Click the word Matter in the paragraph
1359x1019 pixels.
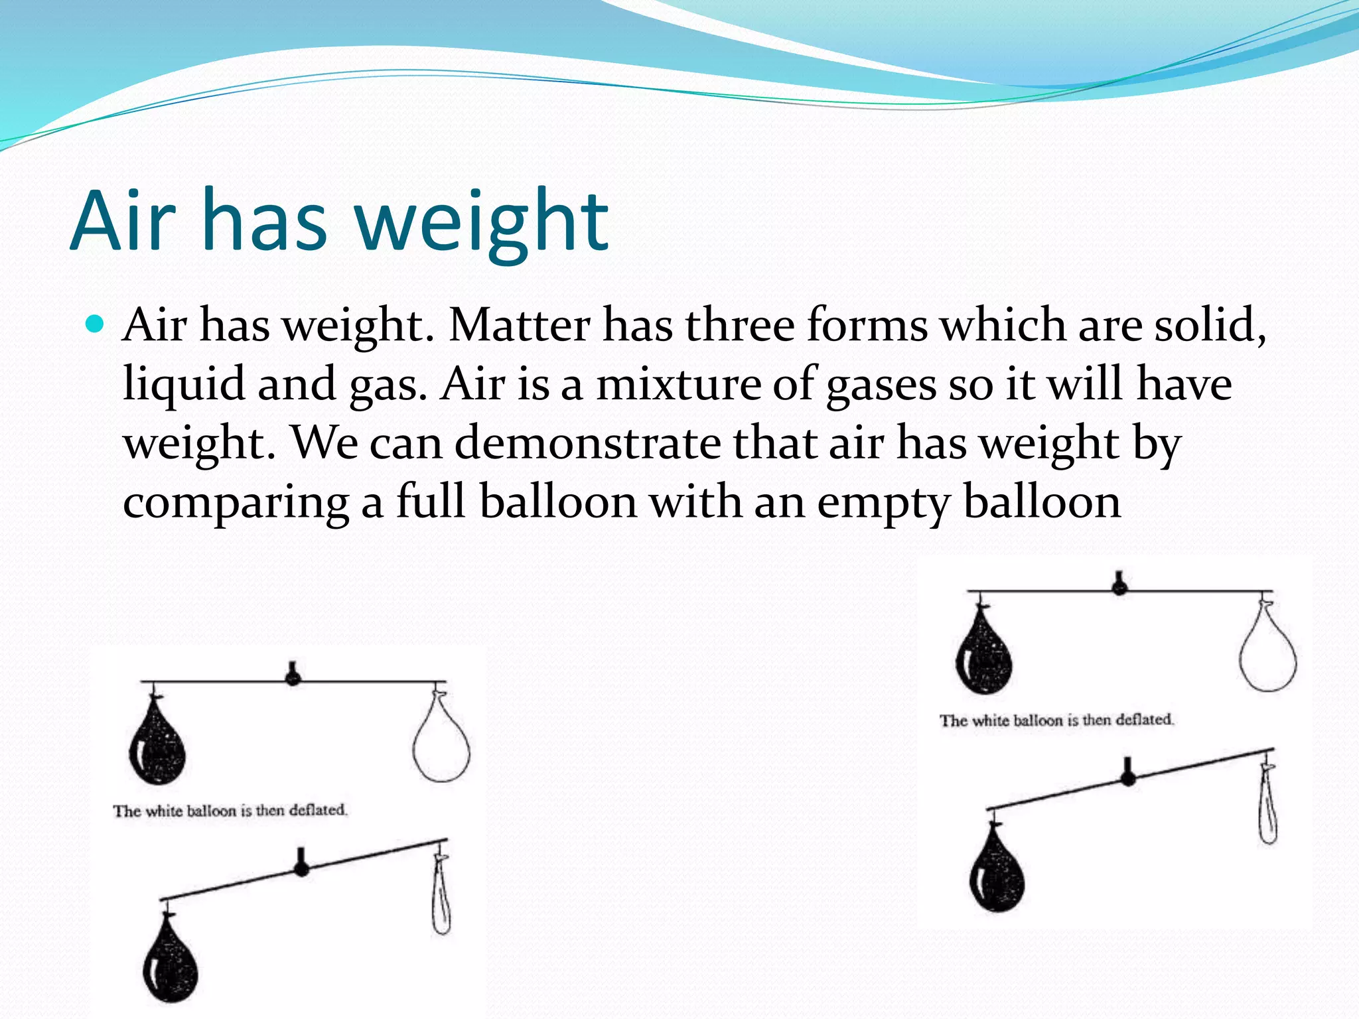(x=519, y=326)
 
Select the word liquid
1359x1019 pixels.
(x=184, y=385)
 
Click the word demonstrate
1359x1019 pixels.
(x=587, y=443)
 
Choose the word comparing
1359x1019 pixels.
(x=236, y=503)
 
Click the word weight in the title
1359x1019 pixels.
(x=482, y=221)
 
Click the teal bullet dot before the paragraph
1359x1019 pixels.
(x=96, y=324)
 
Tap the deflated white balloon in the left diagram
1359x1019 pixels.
(x=441, y=896)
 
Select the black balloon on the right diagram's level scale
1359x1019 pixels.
(x=983, y=653)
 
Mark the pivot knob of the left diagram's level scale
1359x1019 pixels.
(x=293, y=676)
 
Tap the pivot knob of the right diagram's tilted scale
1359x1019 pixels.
(x=1127, y=776)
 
